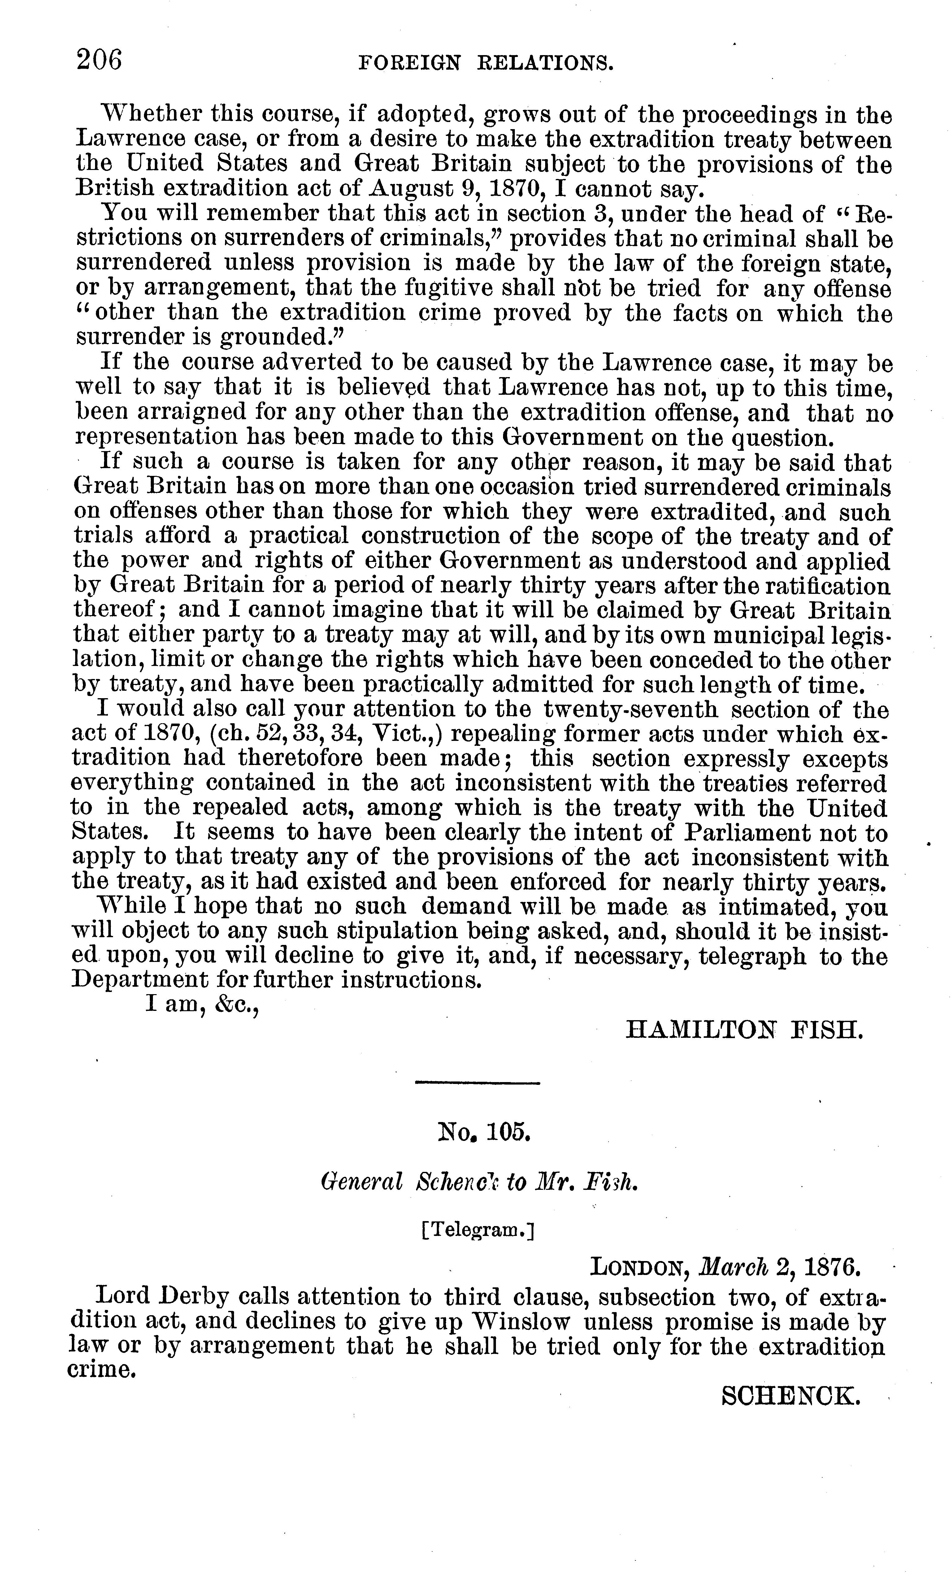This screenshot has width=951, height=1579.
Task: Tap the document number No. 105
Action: (x=483, y=1132)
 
